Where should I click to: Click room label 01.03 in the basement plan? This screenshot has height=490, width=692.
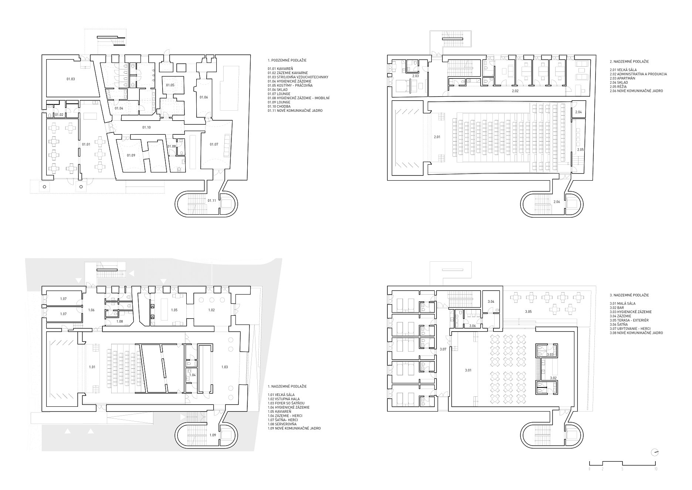tap(71, 79)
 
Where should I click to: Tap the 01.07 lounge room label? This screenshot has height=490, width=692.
tap(214, 144)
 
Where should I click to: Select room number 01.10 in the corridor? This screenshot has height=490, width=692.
tap(146, 127)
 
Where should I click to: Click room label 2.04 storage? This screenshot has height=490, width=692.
tap(579, 112)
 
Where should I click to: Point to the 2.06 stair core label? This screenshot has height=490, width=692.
tap(557, 202)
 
